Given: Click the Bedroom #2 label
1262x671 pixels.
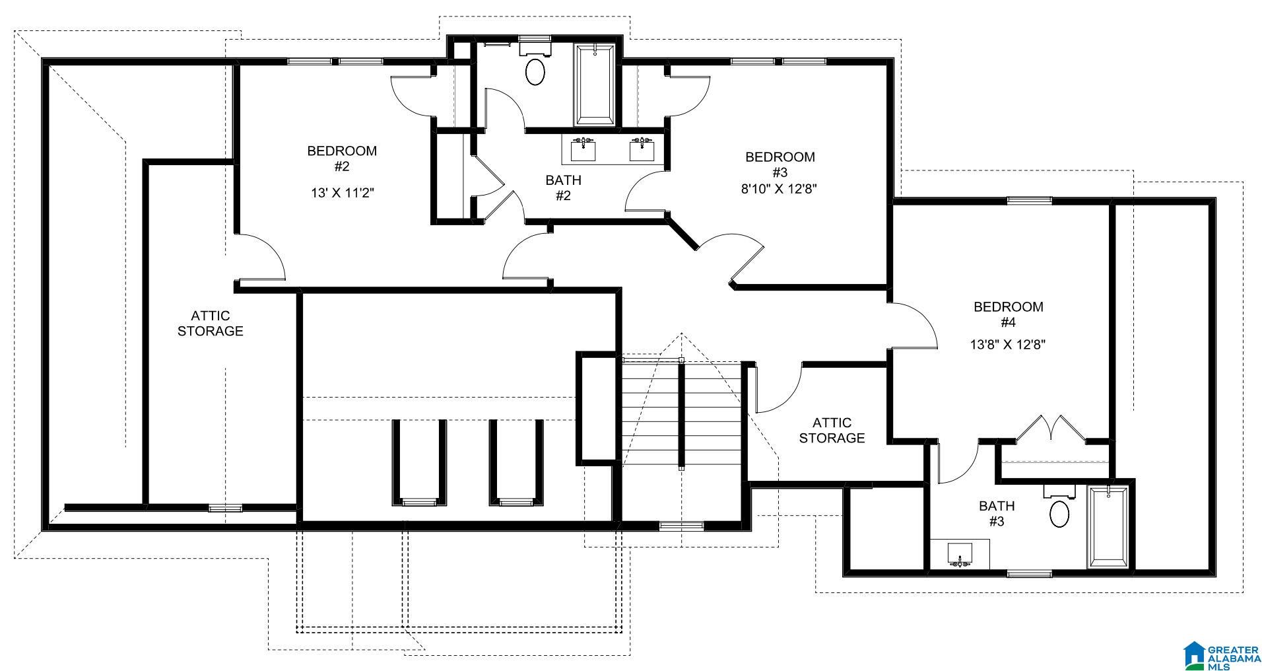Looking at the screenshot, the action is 342,159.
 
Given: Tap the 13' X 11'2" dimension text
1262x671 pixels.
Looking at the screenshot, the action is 342,193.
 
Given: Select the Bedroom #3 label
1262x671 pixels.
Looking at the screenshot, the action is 780,164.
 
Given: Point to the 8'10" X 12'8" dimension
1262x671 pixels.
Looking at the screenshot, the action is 780,188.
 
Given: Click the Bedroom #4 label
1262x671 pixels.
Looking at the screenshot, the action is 1009,314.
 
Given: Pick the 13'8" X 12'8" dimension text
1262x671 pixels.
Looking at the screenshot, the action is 1008,344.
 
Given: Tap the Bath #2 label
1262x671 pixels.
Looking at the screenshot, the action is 563,188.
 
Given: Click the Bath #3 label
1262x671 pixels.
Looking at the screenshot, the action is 997,514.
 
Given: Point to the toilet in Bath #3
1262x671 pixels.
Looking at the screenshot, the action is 1059,506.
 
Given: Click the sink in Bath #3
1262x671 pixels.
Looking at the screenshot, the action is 960,553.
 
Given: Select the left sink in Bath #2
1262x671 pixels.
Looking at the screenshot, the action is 583,149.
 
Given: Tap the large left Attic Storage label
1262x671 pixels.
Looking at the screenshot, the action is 211,323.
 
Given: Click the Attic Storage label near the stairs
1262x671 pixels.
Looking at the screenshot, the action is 832,430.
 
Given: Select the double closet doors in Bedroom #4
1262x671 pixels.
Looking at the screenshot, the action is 1051,428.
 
